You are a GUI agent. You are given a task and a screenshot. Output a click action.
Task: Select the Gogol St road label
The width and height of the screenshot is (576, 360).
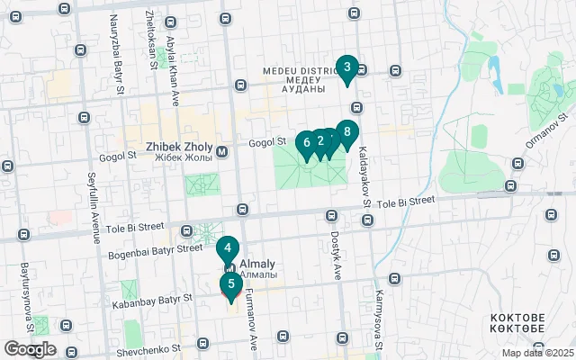point(266,141)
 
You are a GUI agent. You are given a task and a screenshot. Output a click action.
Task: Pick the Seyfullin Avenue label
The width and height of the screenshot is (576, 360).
point(93,208)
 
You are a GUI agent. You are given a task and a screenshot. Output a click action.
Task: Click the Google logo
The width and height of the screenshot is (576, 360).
point(30,349)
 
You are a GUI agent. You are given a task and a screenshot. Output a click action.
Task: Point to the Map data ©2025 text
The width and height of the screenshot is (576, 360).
point(537,353)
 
